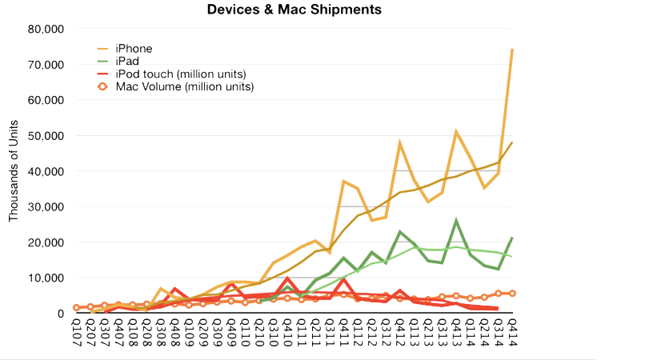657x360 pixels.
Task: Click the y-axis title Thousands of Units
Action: click(14, 172)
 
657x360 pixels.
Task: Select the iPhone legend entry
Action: click(134, 49)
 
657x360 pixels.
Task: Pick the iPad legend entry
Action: click(127, 62)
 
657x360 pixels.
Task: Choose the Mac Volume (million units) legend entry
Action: click(184, 87)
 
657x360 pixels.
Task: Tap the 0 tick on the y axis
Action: click(61, 314)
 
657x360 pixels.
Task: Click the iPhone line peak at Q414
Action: click(512, 50)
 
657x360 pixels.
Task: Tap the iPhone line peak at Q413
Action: click(456, 132)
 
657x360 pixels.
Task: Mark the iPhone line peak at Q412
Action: click(400, 144)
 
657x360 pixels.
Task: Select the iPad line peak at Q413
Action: click(456, 222)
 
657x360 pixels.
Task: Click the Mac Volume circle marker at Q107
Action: click(77, 308)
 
